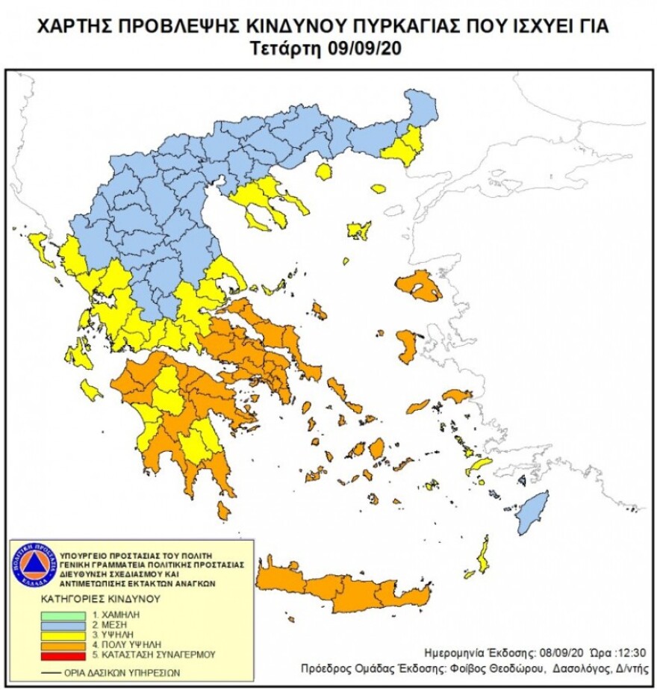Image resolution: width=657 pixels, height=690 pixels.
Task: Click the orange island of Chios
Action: [x=408, y=345]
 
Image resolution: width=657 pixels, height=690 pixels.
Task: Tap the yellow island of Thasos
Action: [x=323, y=172]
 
